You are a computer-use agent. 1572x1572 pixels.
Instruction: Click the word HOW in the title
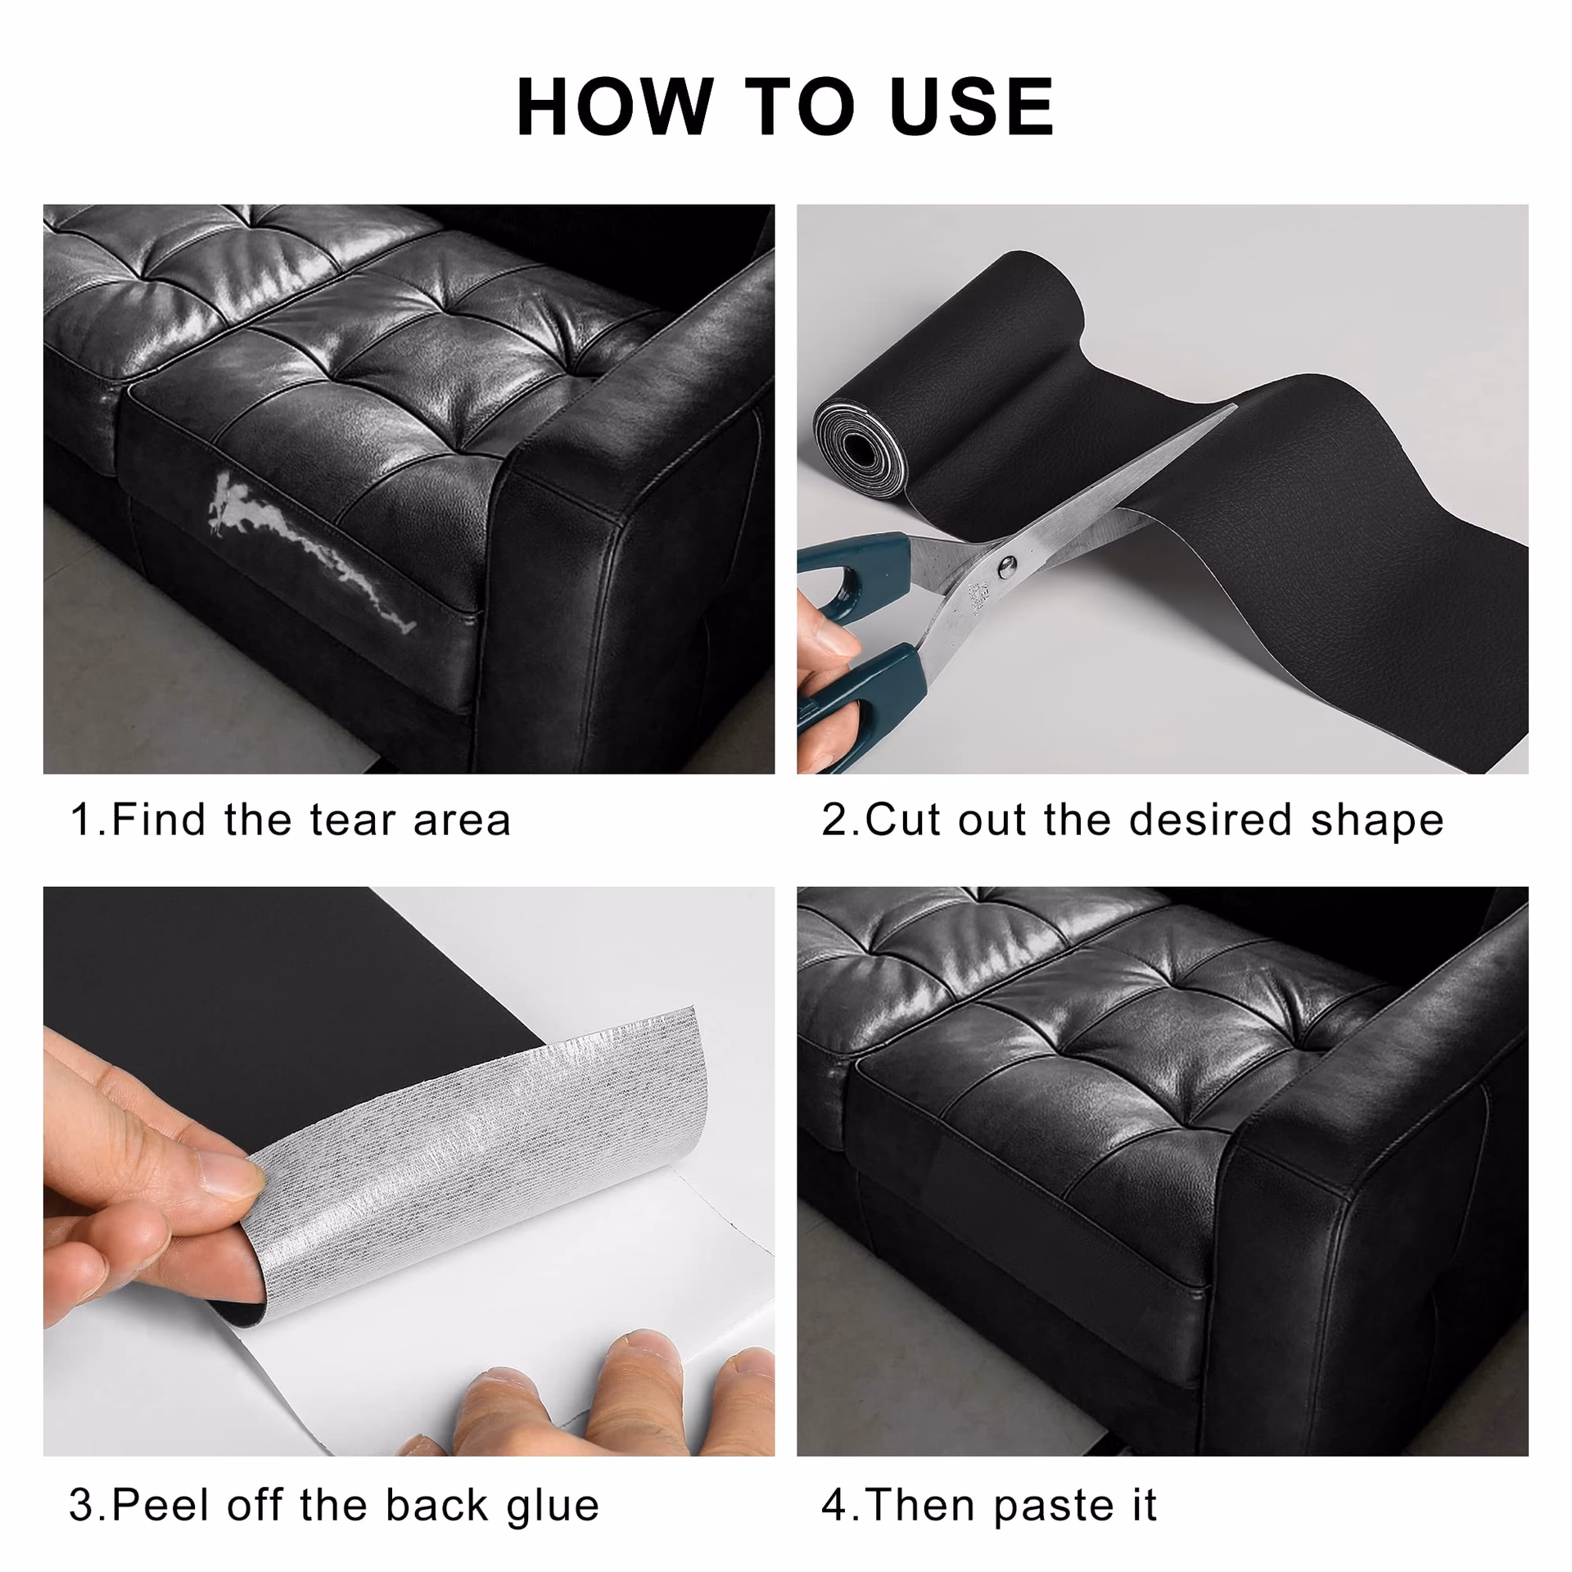[x=615, y=106]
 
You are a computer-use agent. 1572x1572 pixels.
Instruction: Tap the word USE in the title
[x=972, y=106]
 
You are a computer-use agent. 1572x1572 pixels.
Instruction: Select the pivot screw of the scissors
[x=1008, y=562]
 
